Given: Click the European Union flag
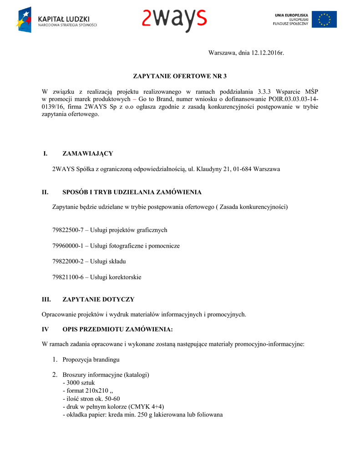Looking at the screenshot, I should click(x=324, y=20).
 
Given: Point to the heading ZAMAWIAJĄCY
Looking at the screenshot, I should click(x=87, y=153).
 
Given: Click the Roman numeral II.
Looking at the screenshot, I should click(x=45, y=192).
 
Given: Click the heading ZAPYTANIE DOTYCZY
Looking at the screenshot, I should click(x=98, y=299).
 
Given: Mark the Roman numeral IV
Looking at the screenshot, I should click(x=45, y=329).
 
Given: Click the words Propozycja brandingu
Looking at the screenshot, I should click(x=91, y=360).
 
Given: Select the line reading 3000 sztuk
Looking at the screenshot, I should click(x=80, y=383).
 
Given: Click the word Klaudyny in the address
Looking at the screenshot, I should click(x=208, y=169).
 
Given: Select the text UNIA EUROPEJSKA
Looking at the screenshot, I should click(x=292, y=15).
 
